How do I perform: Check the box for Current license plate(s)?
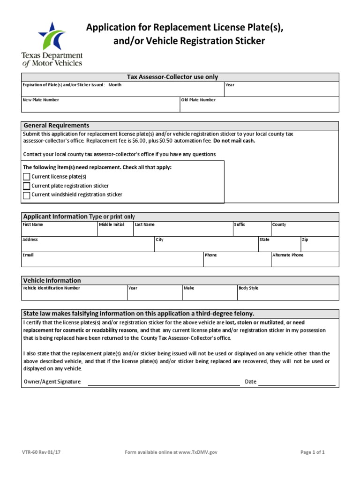click(x=26, y=177)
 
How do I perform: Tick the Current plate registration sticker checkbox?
click(x=26, y=186)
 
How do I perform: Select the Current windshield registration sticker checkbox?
click(x=26, y=195)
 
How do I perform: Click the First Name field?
click(x=59, y=231)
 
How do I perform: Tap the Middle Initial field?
click(x=115, y=231)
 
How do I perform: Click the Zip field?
click(x=319, y=247)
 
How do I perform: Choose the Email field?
click(x=112, y=262)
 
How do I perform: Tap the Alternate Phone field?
click(x=305, y=262)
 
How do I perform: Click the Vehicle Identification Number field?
click(x=74, y=295)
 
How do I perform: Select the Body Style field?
click(x=288, y=295)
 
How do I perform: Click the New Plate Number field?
click(x=100, y=107)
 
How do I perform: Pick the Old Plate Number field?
click(x=259, y=107)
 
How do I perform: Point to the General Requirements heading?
click(x=56, y=126)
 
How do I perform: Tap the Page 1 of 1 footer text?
click(x=312, y=452)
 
